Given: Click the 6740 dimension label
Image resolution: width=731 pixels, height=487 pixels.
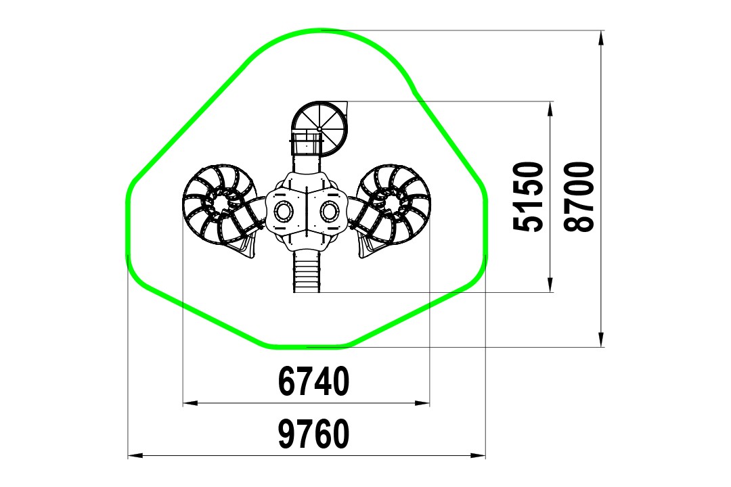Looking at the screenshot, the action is (313, 381).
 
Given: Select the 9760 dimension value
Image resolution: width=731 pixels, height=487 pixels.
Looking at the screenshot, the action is (313, 434).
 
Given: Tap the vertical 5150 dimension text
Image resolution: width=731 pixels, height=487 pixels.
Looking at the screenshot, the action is (528, 196).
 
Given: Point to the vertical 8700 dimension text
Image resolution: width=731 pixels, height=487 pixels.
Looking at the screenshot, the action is (579, 196).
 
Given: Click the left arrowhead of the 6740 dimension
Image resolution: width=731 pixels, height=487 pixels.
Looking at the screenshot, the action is (190, 402).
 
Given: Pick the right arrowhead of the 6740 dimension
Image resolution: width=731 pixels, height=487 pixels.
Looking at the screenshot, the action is (422, 402).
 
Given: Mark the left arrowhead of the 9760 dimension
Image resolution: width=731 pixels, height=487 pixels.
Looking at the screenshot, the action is (135, 455).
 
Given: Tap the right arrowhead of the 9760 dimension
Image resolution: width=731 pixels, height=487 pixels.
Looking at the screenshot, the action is (478, 455).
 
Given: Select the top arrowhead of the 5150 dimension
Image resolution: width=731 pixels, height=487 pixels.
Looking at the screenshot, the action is (550, 109).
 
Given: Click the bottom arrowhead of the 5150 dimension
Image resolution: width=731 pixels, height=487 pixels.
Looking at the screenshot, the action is (550, 285).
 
